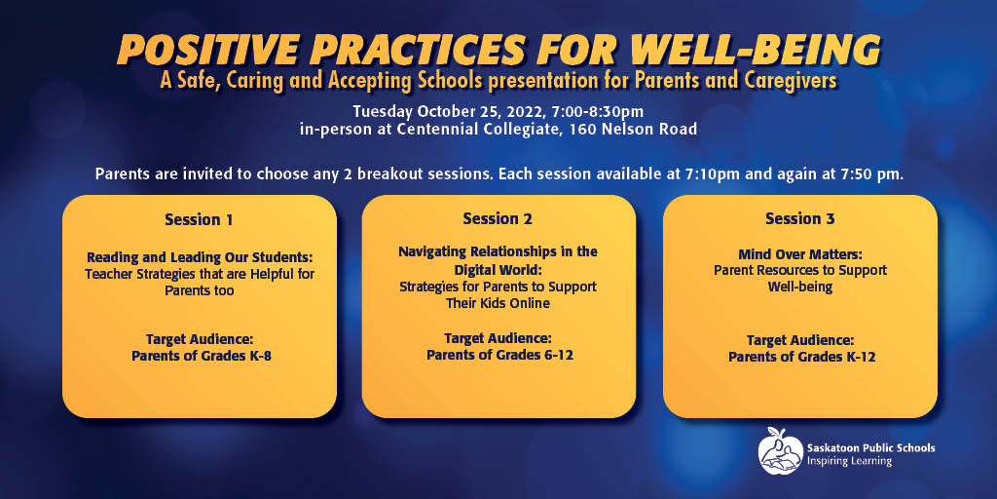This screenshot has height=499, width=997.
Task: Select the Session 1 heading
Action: pyautogui.click(x=199, y=220)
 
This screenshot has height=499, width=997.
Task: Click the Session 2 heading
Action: pyautogui.click(x=498, y=219)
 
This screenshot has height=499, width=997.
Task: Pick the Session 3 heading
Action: pyautogui.click(x=800, y=219)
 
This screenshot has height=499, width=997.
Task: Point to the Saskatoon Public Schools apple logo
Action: pyautogui.click(x=780, y=451)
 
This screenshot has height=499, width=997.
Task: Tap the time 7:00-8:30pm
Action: pyautogui.click(x=615, y=113)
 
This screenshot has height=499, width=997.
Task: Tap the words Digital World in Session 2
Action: pyautogui.click(x=498, y=269)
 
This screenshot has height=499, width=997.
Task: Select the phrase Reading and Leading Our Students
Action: pyautogui.click(x=201, y=257)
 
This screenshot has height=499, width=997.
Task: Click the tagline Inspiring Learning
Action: pyautogui.click(x=849, y=461)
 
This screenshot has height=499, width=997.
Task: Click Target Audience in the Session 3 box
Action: pyautogui.click(x=800, y=340)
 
